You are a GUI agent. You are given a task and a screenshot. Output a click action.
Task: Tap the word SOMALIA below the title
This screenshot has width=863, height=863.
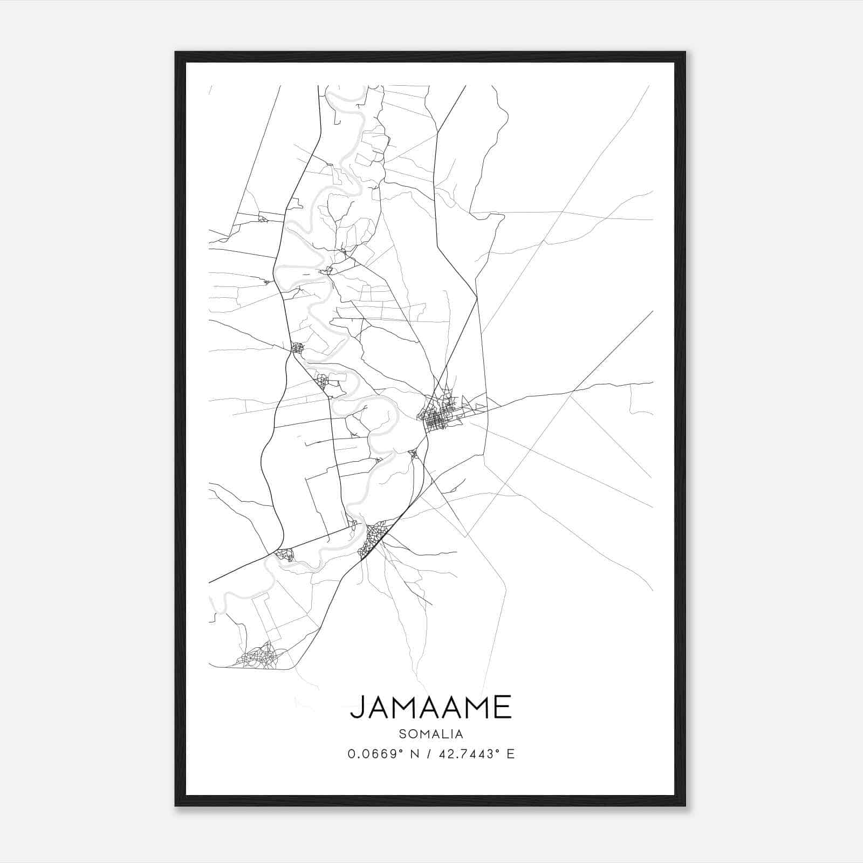tap(431, 734)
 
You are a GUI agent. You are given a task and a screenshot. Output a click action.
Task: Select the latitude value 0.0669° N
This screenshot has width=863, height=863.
tap(382, 754)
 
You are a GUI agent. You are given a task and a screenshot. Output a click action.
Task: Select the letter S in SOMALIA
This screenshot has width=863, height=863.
tap(402, 734)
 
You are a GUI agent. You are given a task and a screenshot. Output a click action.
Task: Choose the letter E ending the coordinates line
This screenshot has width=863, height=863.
tap(510, 754)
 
